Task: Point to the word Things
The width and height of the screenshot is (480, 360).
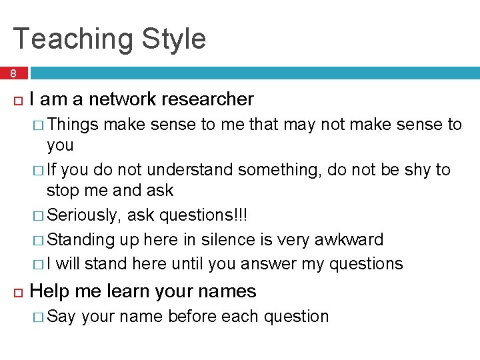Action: tap(73, 124)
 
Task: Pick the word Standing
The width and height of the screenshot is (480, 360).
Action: tap(83, 239)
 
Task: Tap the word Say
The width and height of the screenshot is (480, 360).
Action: tap(62, 316)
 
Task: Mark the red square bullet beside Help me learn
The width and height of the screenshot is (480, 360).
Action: tap(17, 292)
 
